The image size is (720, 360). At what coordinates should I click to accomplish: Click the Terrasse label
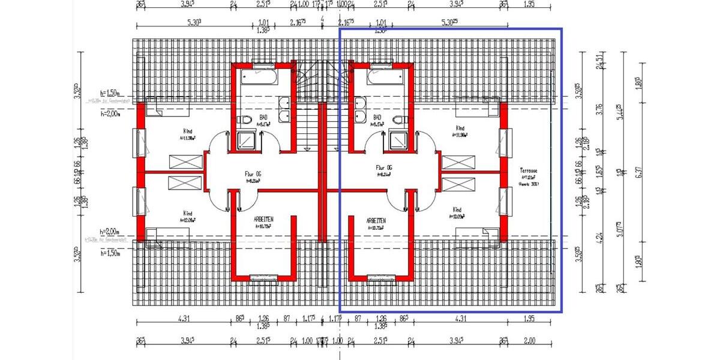pyautogui.click(x=529, y=171)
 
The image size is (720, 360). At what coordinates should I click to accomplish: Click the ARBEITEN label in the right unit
pyautogui.click(x=376, y=221)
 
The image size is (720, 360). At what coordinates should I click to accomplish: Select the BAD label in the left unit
pyautogui.click(x=264, y=118)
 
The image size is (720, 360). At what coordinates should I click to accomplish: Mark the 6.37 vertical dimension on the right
pyautogui.click(x=640, y=172)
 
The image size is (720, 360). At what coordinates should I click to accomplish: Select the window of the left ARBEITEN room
pyautogui.click(x=263, y=277)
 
